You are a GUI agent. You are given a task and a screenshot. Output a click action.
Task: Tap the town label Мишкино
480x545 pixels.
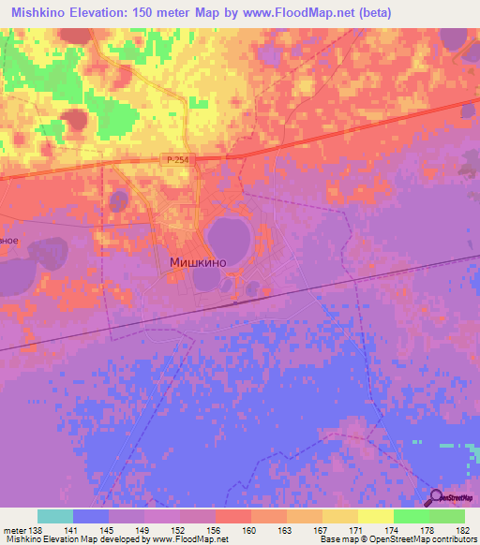(x=198, y=264)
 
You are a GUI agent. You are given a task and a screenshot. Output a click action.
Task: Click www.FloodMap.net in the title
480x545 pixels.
(x=292, y=13)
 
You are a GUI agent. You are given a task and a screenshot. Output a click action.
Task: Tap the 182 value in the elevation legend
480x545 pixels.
(x=463, y=530)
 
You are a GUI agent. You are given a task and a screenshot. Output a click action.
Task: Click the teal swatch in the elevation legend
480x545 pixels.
(x=55, y=516)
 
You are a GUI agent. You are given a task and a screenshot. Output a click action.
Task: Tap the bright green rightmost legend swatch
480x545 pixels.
(x=447, y=516)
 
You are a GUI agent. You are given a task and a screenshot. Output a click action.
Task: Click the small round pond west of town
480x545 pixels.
(x=119, y=200)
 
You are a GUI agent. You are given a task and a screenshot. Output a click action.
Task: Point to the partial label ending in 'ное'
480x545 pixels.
(x=8, y=240)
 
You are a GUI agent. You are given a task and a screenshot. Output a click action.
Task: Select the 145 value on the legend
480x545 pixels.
(x=109, y=530)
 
